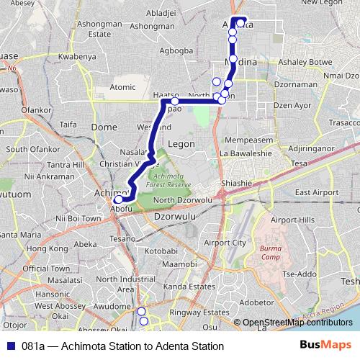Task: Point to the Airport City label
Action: [225, 243]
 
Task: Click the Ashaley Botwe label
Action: [310, 62]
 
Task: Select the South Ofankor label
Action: [26, 149]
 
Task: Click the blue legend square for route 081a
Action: [9, 346]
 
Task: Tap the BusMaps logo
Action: [325, 346]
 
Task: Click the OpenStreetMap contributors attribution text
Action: [297, 323]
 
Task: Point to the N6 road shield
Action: [12, 69]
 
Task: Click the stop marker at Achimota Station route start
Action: [119, 199]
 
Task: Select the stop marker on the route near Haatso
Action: [174, 102]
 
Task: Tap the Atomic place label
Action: [122, 87]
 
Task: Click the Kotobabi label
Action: [161, 251]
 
